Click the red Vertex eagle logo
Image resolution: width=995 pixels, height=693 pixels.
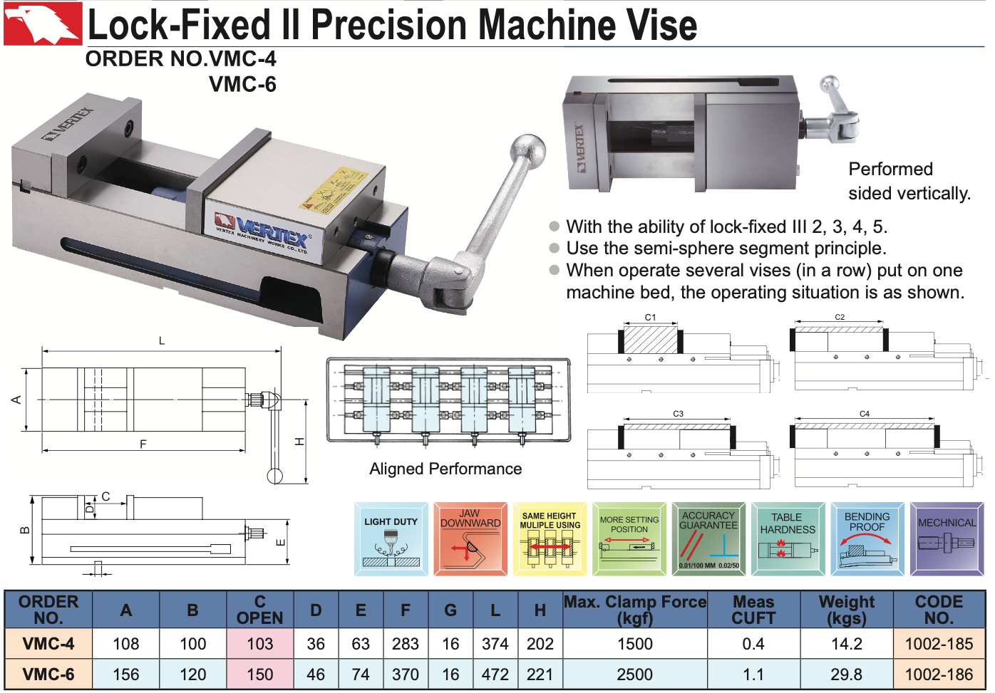coord(43,24)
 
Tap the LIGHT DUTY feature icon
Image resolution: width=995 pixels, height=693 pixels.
coord(391,539)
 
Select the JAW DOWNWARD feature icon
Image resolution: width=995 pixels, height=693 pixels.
coord(470,539)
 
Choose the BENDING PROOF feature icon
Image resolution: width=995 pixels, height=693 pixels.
coord(867,539)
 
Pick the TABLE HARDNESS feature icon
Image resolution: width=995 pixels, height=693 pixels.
coord(787,539)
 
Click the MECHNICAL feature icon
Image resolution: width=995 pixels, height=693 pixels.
coord(947,539)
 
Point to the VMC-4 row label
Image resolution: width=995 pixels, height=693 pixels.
coord(48,644)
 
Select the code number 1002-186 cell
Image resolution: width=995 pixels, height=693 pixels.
coord(939,674)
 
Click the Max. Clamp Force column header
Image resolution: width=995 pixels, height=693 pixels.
coord(635,610)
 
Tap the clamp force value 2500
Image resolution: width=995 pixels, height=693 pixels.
coord(635,674)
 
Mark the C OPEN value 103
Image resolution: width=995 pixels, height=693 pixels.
coord(260,644)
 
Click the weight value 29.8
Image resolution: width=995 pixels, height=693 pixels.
coord(847,674)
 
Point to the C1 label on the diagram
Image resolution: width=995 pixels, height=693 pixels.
coord(650,318)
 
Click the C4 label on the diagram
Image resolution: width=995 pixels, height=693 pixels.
coord(865,414)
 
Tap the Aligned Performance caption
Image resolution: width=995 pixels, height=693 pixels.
coord(445,469)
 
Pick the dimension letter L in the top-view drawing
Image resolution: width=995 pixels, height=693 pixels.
coord(162,341)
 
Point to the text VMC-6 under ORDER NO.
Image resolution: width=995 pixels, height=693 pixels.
coord(242,85)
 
